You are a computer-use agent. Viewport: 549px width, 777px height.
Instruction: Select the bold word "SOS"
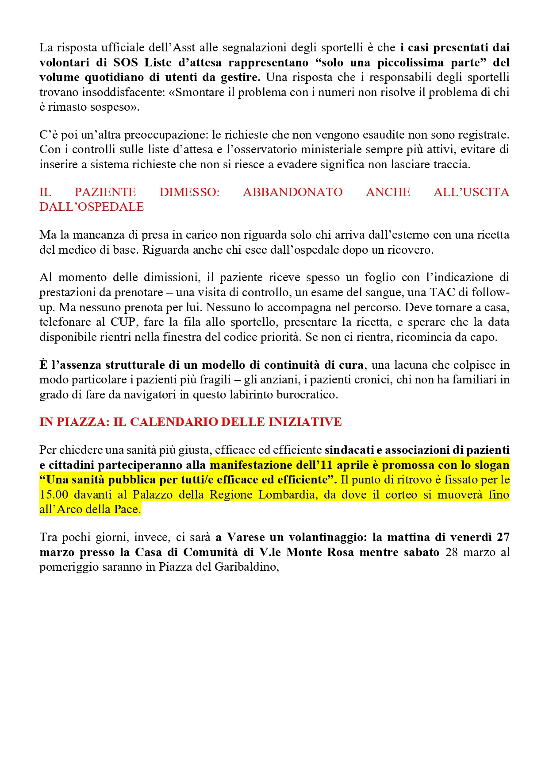(125, 62)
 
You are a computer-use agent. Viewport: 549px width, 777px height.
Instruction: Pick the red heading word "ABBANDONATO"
(293, 192)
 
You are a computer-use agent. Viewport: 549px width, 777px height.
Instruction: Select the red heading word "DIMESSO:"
(189, 192)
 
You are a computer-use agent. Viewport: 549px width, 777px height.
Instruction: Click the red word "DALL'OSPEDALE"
(92, 207)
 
